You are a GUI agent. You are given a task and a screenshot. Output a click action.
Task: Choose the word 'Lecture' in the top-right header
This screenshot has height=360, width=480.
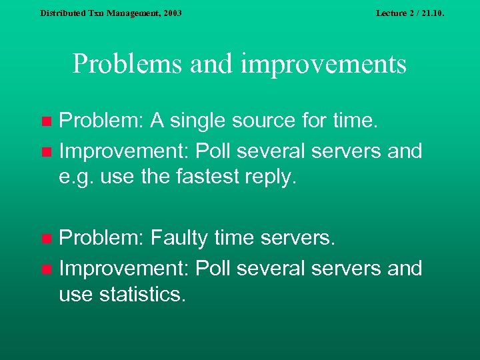(x=391, y=13)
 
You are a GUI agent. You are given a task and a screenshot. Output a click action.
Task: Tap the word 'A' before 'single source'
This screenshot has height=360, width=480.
(x=158, y=121)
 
